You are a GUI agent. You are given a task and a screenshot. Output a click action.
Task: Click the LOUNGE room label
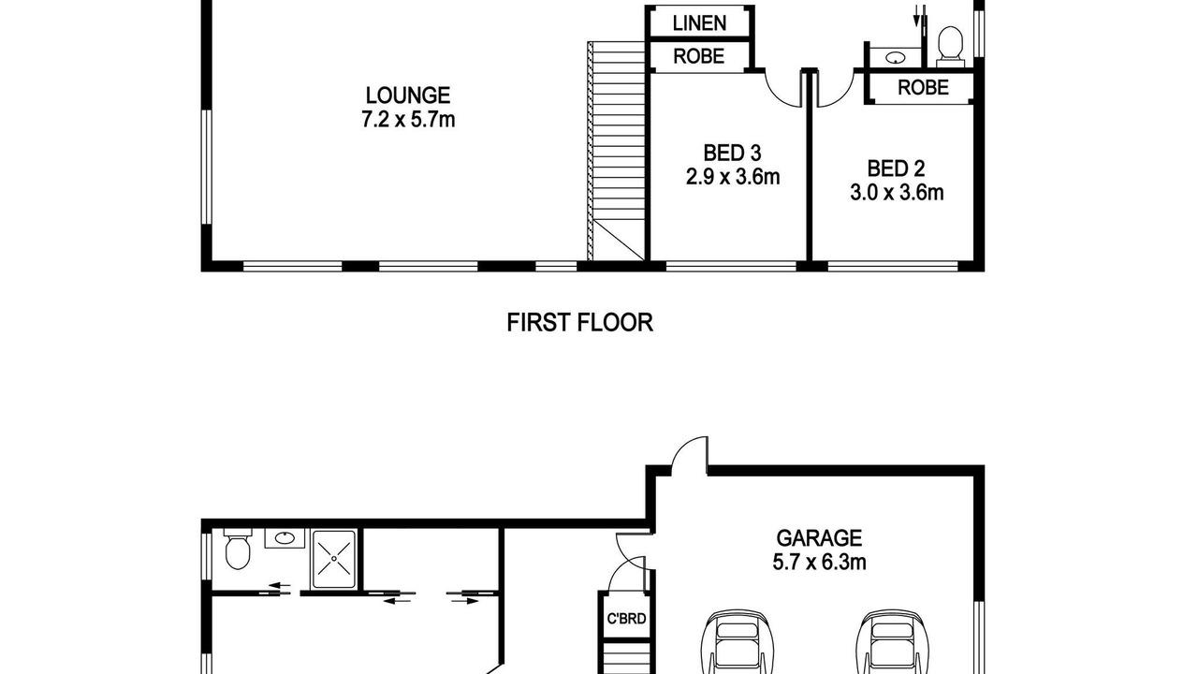408,95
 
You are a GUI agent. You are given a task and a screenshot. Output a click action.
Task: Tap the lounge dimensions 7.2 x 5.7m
408,119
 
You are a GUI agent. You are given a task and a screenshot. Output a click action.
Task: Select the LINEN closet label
699,23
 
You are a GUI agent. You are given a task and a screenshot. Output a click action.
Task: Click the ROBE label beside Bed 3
698,56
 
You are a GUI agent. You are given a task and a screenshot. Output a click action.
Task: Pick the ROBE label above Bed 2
923,87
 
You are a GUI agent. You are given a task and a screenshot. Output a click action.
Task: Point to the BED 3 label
732,153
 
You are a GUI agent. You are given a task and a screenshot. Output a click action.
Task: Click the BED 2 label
896,168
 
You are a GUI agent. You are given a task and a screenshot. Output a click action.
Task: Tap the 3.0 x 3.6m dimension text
897,193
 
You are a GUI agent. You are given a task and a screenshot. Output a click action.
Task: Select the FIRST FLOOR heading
579,323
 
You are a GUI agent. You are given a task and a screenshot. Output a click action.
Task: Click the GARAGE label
819,537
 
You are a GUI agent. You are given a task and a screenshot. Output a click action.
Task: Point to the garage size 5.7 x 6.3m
819,563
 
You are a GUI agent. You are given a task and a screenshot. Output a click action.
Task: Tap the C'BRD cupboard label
626,619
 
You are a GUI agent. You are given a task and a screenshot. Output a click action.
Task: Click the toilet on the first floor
950,46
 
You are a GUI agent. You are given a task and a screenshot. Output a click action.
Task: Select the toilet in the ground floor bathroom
238,549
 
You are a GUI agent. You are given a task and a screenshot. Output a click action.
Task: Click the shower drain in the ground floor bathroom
334,559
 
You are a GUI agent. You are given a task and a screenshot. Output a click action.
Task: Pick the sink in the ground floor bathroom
285,538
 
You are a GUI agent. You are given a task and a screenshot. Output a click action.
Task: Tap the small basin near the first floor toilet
895,57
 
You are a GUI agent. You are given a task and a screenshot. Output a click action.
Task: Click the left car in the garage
738,641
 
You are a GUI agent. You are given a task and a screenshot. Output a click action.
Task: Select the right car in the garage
892,641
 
